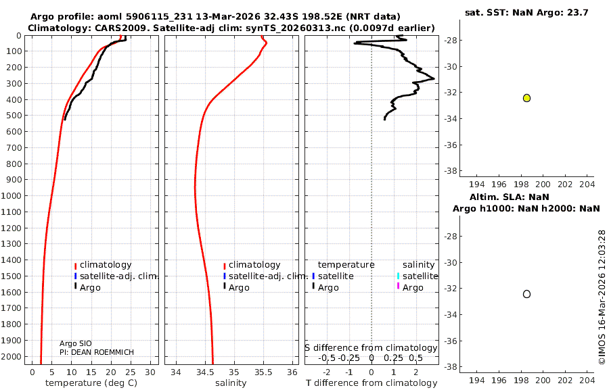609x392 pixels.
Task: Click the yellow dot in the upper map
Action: click(x=526, y=98)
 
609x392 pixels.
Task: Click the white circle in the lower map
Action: click(x=526, y=294)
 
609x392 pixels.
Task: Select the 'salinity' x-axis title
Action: click(x=230, y=383)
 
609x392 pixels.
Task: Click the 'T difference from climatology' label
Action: click(x=371, y=383)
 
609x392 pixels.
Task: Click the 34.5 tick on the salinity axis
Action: click(x=205, y=372)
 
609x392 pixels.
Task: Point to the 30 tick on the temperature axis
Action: click(x=150, y=372)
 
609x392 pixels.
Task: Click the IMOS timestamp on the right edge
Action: click(x=602, y=297)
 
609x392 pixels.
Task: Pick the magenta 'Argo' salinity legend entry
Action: click(x=413, y=288)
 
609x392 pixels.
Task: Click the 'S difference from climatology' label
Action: click(x=371, y=347)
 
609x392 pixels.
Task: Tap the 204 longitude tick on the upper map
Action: click(x=586, y=185)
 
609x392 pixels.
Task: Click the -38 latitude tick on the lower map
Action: click(x=449, y=366)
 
